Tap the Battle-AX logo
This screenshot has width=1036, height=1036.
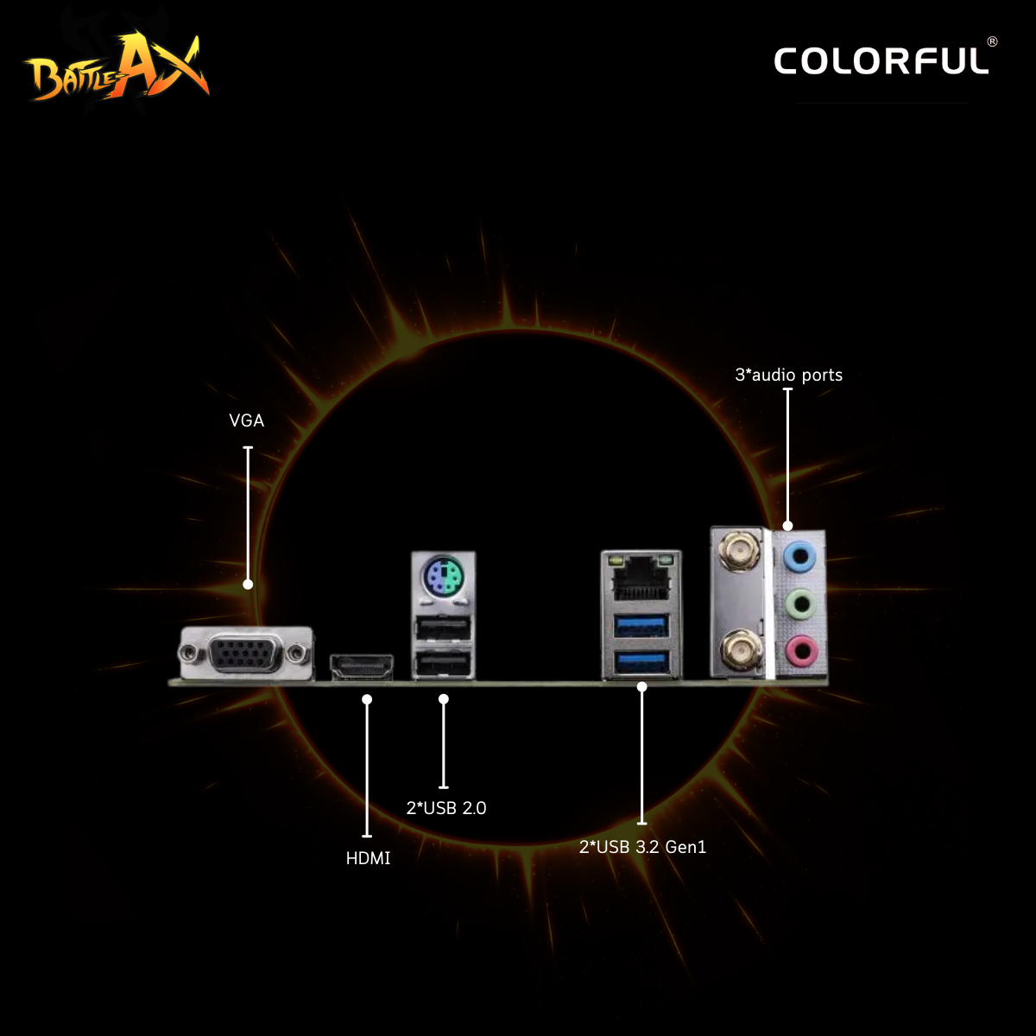point(116,66)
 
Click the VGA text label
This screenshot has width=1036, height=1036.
point(247,420)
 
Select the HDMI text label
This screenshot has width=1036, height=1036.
point(368,858)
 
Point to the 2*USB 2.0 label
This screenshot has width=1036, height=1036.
point(446,808)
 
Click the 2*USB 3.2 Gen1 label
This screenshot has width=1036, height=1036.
point(642,847)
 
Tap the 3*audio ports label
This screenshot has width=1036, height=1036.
point(789,375)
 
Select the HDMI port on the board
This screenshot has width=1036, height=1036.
point(362,666)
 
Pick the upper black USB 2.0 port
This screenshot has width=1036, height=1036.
point(443,629)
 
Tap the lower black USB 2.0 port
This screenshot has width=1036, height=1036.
point(443,663)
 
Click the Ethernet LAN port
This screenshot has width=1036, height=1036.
point(640,577)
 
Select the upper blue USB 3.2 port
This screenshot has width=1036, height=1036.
point(641,626)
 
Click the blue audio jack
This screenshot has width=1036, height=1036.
point(799,556)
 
